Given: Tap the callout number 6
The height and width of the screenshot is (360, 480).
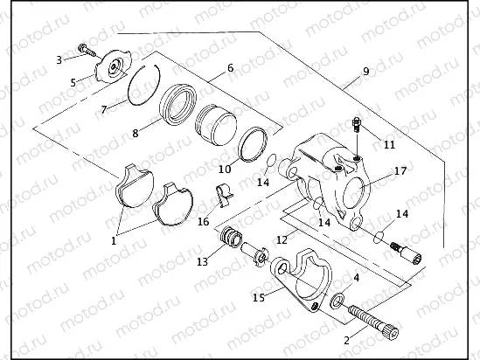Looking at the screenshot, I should tap(230, 67).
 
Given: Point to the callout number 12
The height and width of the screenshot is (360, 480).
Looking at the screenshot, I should tap(281, 239).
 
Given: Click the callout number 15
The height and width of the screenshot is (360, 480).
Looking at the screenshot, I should tap(258, 297).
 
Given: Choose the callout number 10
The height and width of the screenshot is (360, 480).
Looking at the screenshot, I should tap(224, 168).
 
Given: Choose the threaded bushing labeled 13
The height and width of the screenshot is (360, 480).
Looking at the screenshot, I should tap(231, 236).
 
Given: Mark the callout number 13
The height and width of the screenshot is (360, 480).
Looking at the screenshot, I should tap(201, 260).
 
